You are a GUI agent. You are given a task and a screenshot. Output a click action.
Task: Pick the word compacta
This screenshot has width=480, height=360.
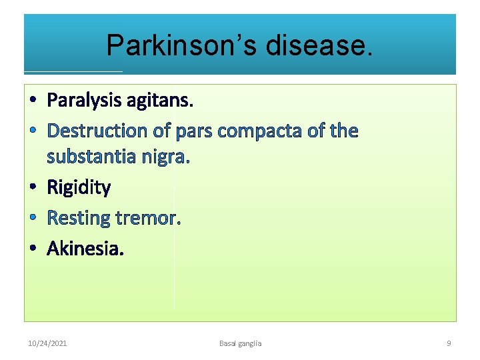261,131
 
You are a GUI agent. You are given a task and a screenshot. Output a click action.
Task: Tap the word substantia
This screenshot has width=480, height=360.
91,157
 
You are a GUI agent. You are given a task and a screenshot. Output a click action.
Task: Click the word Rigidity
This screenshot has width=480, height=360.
79,187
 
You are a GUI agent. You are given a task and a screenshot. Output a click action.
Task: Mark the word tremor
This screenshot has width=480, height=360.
148,218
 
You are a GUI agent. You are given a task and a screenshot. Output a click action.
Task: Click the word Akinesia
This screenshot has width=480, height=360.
85,249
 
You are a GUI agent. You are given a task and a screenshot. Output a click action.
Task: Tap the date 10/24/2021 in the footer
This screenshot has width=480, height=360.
47,343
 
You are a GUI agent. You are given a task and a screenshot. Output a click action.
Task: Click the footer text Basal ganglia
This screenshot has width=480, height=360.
240,343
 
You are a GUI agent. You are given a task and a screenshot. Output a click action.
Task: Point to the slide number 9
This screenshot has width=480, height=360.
448,343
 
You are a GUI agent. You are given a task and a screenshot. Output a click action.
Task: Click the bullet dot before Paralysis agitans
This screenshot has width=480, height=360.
33,101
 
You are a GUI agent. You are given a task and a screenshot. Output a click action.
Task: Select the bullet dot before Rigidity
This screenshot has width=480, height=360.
33,188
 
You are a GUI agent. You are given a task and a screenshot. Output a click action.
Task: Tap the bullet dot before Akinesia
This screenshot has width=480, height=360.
33,249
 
